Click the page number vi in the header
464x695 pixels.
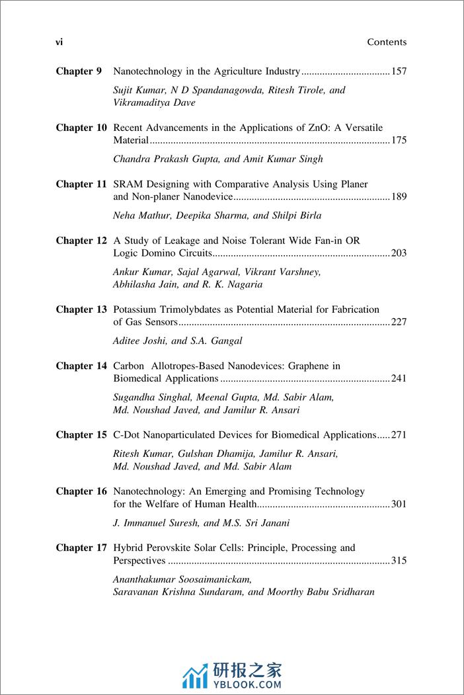[x=59, y=42]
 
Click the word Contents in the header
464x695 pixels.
[x=387, y=42]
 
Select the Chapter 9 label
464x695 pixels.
[x=79, y=71]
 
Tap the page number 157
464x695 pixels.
[x=399, y=71]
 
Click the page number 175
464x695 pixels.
[x=399, y=141]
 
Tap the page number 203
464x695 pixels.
[x=399, y=253]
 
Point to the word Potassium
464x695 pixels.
[x=136, y=309]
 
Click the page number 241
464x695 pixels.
[x=399, y=379]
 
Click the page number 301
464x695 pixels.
[x=399, y=505]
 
